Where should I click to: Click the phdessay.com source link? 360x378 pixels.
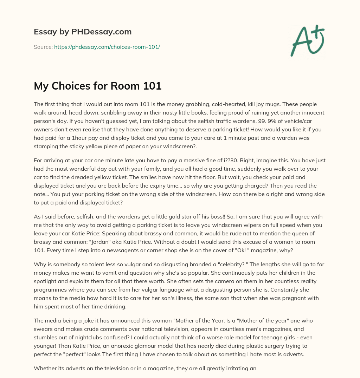tap(107, 47)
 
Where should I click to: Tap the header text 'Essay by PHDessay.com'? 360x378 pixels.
tap(83, 32)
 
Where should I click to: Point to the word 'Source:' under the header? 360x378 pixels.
tap(43, 47)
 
